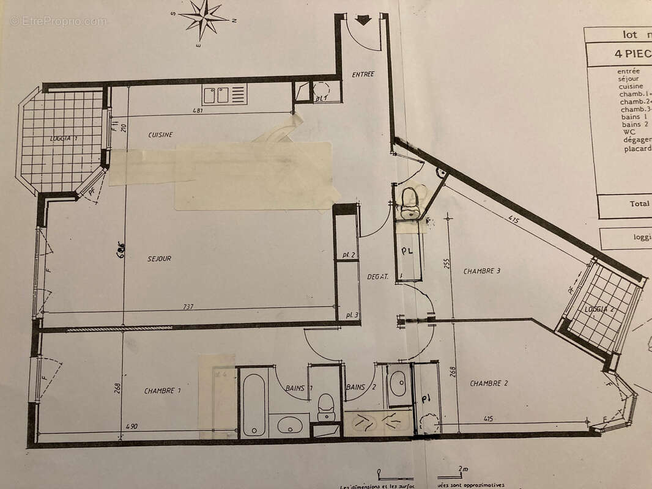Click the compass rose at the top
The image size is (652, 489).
[x=204, y=18]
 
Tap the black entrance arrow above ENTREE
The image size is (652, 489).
[x=363, y=20]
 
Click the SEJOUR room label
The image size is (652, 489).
[x=159, y=259]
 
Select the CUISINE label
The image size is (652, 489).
[x=160, y=134]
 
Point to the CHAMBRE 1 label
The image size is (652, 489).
[x=163, y=391]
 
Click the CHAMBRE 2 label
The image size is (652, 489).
[x=489, y=383]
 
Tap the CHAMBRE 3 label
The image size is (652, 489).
[x=482, y=271]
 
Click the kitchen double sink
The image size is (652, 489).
[x=217, y=95]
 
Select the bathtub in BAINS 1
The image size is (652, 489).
[x=253, y=404]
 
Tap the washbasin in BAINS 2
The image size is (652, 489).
[x=398, y=383]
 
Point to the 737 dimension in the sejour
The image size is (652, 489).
[x=188, y=307]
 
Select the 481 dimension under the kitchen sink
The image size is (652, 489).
[x=197, y=111]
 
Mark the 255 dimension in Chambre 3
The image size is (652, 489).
[x=446, y=263]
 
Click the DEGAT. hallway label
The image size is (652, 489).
[x=377, y=277]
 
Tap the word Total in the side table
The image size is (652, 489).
[x=639, y=204]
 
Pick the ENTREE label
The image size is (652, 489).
[x=363, y=75]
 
